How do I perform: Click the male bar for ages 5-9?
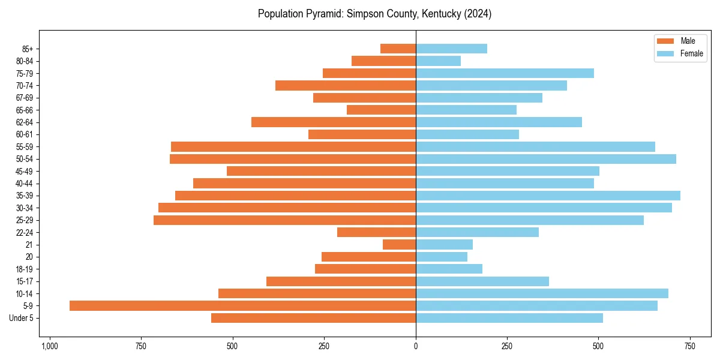tap(242, 306)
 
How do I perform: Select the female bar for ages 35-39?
tap(548, 196)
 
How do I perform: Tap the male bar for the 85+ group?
tap(398, 49)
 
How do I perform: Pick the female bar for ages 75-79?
tap(505, 73)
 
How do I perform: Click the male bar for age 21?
tap(399, 245)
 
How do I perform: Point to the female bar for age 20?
tap(442, 257)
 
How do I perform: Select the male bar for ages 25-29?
tap(284, 220)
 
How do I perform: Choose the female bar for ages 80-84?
tap(438, 61)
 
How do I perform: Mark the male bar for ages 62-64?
tap(334, 122)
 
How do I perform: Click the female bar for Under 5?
tap(509, 318)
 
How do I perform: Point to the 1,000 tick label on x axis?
tap(49, 346)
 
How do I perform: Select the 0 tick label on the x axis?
tap(416, 346)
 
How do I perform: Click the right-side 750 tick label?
tap(690, 346)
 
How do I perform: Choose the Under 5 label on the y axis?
tap(21, 318)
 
